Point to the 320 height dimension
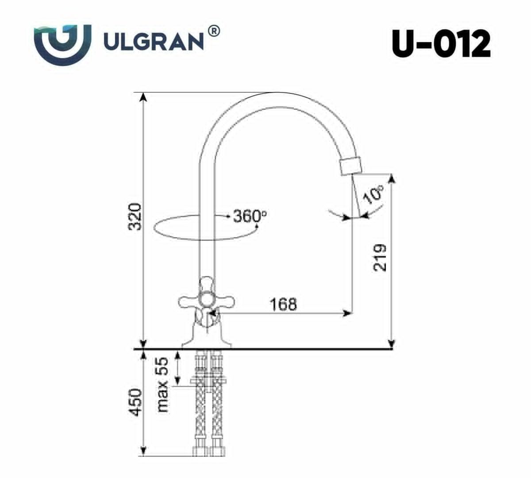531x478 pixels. (x=136, y=216)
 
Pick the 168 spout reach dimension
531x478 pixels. (x=283, y=305)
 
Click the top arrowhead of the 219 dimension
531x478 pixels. (x=391, y=178)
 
